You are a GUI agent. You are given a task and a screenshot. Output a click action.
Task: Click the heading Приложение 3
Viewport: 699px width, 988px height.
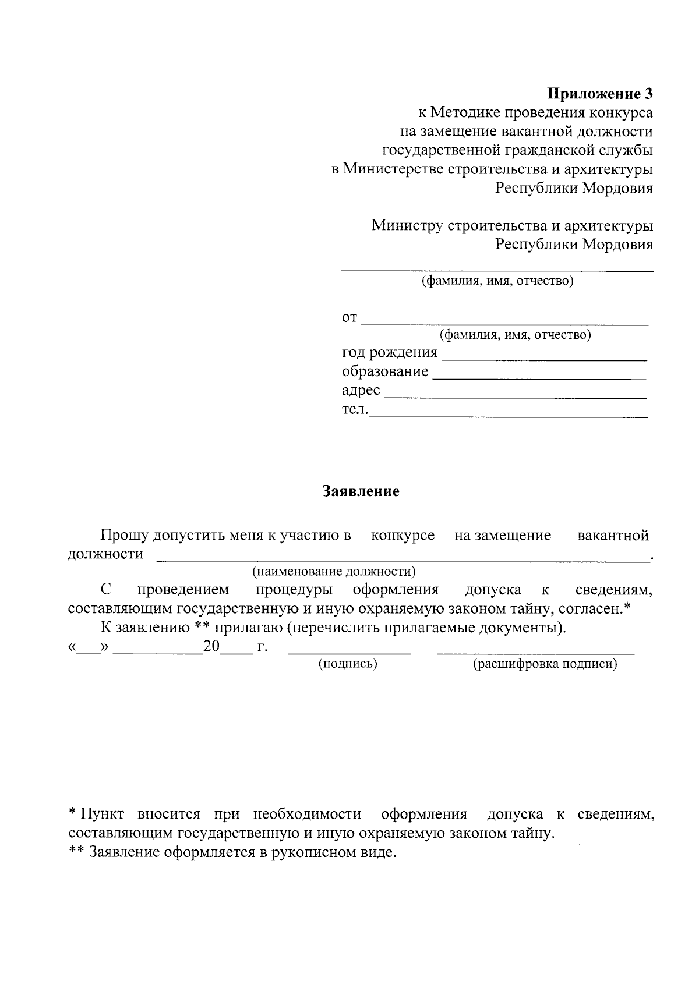click(x=600, y=94)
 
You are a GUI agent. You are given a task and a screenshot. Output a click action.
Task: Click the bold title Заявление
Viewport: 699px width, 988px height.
click(x=361, y=491)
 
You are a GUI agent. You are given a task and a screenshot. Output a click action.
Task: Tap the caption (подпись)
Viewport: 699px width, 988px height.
click(x=348, y=664)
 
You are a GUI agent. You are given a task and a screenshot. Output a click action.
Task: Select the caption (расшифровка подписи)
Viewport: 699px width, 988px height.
click(x=545, y=664)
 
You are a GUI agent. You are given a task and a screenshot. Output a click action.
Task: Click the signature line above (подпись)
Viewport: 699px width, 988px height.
click(x=349, y=653)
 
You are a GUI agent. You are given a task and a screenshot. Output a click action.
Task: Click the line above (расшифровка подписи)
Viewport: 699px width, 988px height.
click(x=536, y=653)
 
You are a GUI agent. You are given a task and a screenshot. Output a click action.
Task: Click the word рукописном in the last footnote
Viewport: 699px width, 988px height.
click(x=313, y=853)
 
